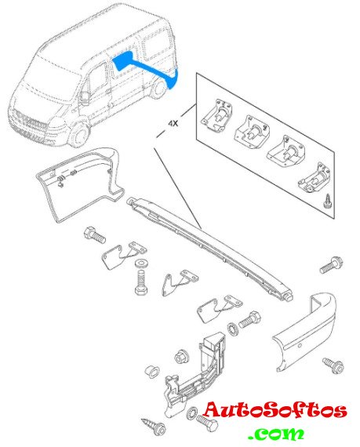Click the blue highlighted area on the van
(148, 69)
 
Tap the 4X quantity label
(173, 123)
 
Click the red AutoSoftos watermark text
(275, 410)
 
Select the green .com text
(277, 434)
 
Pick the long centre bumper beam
(209, 246)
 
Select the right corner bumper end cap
(305, 333)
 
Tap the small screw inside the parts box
(326, 202)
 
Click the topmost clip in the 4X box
(216, 115)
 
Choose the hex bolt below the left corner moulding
(95, 235)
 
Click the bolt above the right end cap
(331, 265)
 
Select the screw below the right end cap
(333, 365)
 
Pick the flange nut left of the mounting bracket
(181, 356)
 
